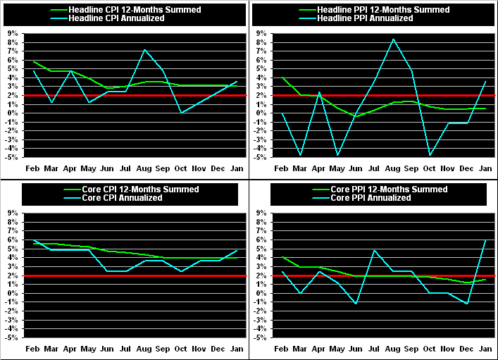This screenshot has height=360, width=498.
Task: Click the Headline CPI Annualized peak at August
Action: (x=144, y=50)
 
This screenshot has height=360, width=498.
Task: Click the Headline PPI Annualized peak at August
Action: (x=393, y=39)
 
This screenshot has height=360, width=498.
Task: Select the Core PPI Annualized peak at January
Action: (x=485, y=240)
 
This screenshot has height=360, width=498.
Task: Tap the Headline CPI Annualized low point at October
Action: (x=181, y=113)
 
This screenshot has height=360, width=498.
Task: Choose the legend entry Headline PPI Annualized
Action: (x=369, y=18)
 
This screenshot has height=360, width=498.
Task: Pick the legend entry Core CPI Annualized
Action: (x=123, y=198)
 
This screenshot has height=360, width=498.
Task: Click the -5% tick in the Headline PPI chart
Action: (x=261, y=156)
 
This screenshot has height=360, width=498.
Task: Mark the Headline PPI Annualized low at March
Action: (x=301, y=155)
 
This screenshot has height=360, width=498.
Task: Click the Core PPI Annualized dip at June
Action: (x=356, y=304)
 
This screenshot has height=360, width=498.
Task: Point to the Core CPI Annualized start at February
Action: (x=33, y=241)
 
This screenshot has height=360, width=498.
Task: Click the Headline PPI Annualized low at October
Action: (x=430, y=155)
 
